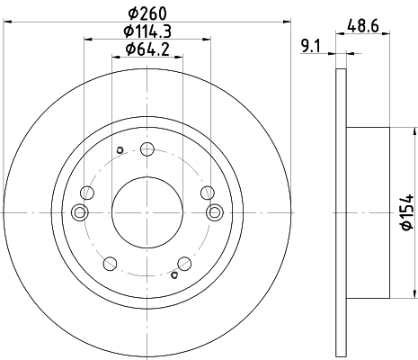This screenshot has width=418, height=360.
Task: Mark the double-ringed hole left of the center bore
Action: tap(80, 212)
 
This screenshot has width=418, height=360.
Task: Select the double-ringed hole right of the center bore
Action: tap(215, 212)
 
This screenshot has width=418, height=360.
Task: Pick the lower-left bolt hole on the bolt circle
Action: tap(110, 263)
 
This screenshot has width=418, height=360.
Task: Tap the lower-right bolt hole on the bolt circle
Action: tap(185, 262)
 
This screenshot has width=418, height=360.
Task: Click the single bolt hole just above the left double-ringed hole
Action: tap(86, 192)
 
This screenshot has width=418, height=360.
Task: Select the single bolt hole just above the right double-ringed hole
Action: tap(208, 192)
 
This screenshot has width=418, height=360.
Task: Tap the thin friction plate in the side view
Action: tap(340, 212)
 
